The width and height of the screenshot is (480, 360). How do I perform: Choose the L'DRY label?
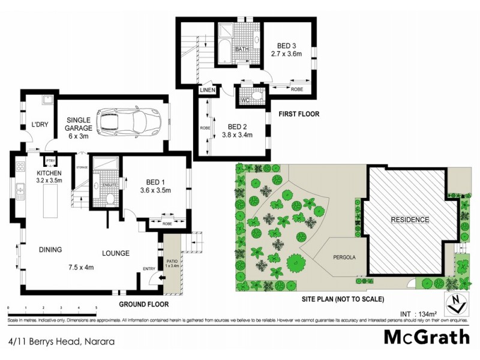click(40, 125)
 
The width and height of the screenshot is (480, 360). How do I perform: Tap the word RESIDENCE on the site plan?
click(411, 220)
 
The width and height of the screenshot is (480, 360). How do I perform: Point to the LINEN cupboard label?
click(208, 91)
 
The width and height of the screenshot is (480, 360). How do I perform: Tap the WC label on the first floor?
click(245, 100)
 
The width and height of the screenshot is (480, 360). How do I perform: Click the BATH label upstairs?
click(242, 49)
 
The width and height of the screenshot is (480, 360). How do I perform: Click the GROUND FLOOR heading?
click(143, 305)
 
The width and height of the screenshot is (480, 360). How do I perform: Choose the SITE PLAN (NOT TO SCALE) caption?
click(343, 299)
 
